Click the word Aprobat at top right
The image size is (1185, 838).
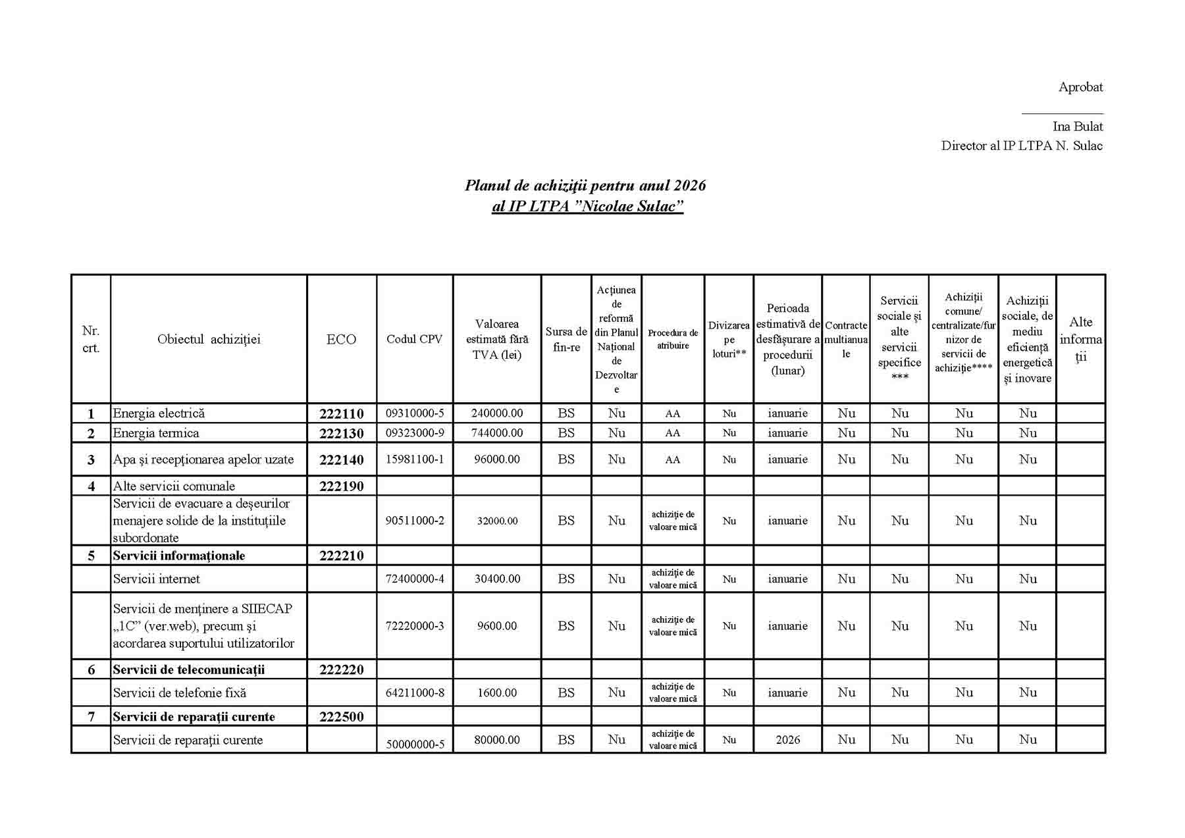point(1080,87)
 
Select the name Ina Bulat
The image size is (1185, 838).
point(1078,126)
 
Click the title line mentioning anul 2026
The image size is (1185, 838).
point(585,186)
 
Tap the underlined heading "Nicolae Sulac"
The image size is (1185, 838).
point(587,206)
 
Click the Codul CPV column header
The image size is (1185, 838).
point(414,339)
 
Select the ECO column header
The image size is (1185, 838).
point(341,339)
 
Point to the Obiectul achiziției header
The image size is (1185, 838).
point(209,339)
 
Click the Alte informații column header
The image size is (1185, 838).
point(1080,339)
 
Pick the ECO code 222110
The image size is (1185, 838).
point(341,413)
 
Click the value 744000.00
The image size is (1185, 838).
point(497,433)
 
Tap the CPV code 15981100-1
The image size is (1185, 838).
point(415,459)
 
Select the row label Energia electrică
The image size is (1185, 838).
point(159,413)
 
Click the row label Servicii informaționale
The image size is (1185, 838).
point(179,556)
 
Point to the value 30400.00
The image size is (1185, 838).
point(497,579)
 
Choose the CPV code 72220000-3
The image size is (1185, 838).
point(415,626)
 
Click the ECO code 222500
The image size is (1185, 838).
point(341,717)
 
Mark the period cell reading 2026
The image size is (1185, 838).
point(787,740)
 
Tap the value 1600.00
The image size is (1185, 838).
point(497,693)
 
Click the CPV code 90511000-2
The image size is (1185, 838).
point(415,521)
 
